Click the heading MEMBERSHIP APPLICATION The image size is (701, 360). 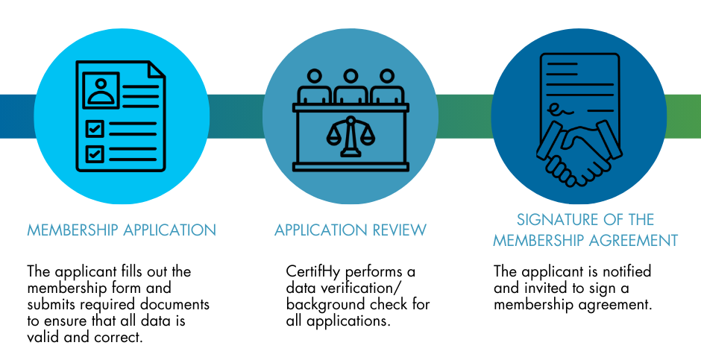point(122,230)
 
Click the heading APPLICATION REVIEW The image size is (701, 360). point(350,230)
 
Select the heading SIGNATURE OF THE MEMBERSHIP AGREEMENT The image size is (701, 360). point(585,230)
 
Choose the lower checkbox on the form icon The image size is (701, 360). point(95,154)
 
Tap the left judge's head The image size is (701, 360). point(315,76)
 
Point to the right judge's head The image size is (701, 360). point(386,76)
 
